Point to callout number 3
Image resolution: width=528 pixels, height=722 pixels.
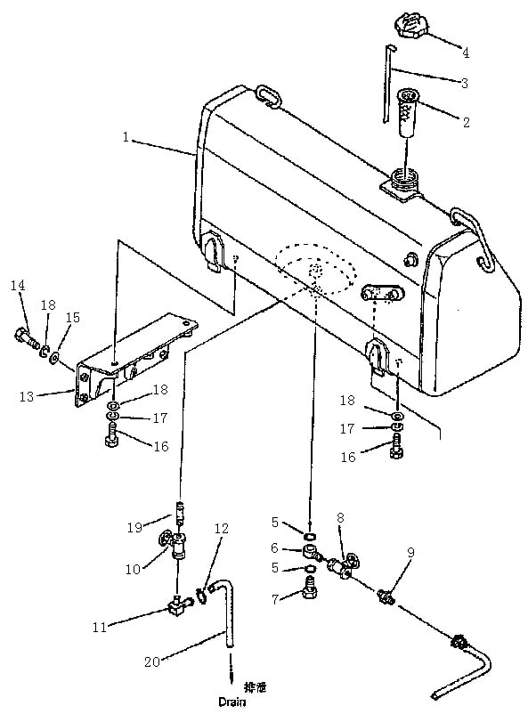[x=463, y=83]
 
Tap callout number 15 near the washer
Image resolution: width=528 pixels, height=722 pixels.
[x=73, y=317]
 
